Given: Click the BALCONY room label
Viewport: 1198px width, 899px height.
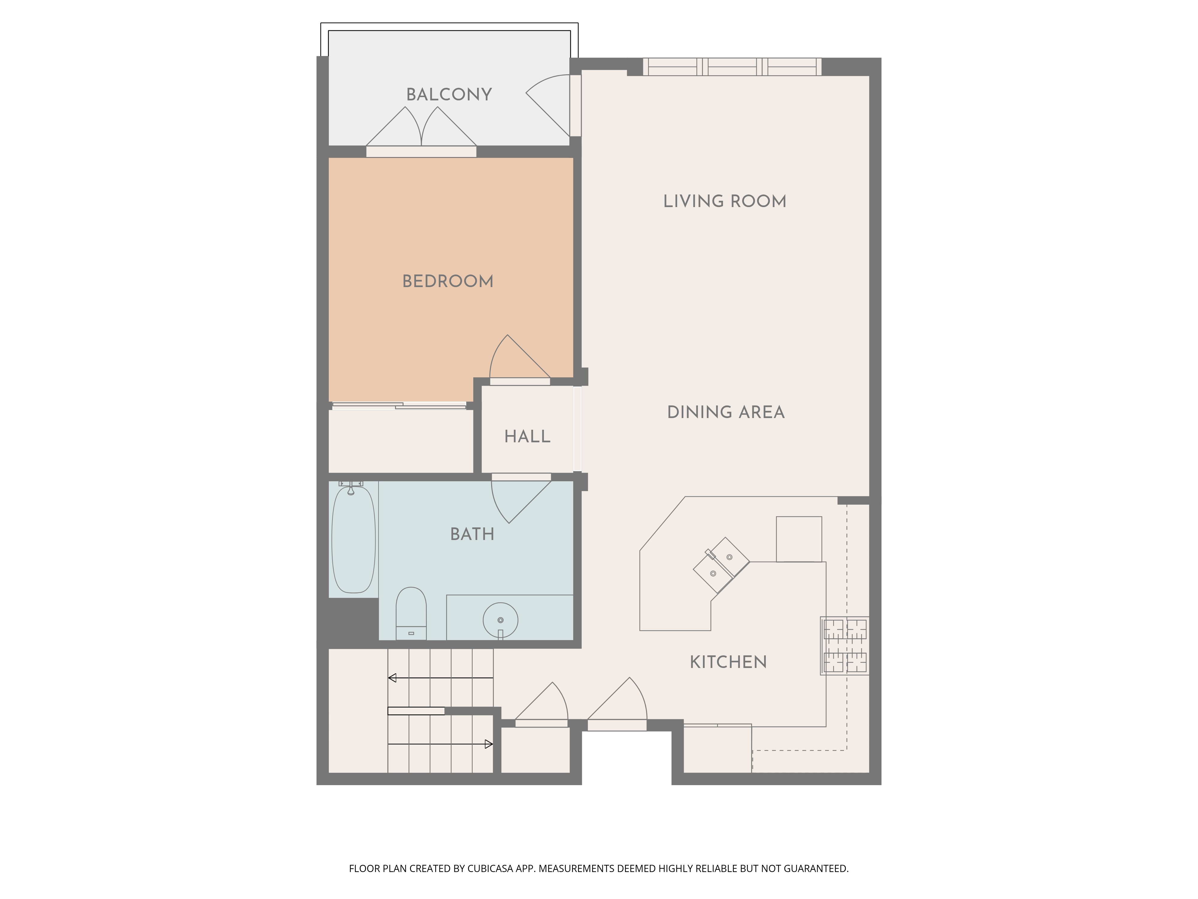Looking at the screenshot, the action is [449, 94].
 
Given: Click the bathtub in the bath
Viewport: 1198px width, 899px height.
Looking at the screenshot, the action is [353, 539].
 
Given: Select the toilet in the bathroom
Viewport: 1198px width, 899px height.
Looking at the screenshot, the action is [411, 613].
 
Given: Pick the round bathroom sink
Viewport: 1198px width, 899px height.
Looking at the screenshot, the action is [500, 620].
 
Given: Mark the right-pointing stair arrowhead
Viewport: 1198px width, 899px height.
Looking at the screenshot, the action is [488, 745].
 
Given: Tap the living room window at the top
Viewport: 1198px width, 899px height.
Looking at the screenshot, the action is [732, 67].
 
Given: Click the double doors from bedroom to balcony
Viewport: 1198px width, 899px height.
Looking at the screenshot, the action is [421, 130].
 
